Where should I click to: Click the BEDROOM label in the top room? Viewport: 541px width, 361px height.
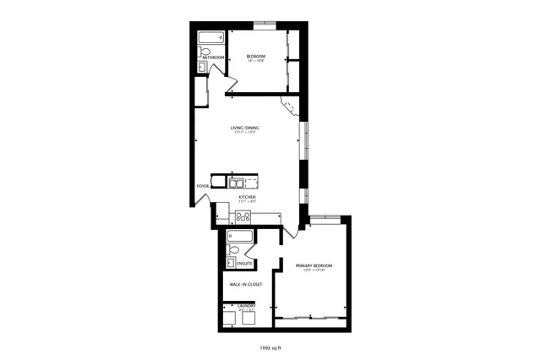point(255,56)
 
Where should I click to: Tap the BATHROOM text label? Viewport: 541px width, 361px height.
point(214,57)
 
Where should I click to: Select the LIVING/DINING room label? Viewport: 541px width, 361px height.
point(245,128)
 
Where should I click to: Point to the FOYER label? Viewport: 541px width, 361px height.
point(203,185)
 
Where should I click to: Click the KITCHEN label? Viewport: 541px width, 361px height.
point(247,197)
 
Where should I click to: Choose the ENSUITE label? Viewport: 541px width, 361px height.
point(245,262)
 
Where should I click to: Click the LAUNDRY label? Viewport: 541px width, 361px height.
point(247,304)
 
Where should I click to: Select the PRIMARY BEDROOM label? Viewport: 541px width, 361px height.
point(314,265)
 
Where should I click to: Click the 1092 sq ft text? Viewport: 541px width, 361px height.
point(270,346)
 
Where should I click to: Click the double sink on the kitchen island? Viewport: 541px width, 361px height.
point(237,181)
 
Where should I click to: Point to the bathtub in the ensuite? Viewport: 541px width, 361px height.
point(240,236)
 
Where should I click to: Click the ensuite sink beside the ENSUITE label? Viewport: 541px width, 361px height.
point(230,263)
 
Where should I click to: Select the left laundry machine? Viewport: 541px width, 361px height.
point(230,315)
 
